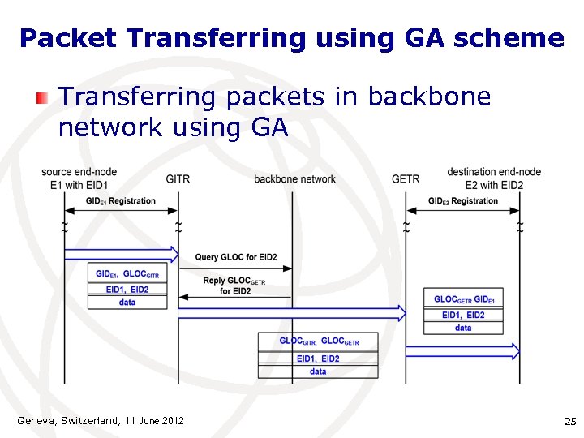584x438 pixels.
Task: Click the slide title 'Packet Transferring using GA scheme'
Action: pos(291,37)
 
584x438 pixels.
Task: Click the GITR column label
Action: pos(178,178)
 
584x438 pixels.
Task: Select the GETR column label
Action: pos(405,178)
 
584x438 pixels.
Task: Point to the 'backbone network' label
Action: pos(294,178)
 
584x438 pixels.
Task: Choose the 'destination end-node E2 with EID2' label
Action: pos(493,178)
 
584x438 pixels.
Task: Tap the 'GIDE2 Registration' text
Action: pos(462,201)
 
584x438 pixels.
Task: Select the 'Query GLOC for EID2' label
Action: pos(235,257)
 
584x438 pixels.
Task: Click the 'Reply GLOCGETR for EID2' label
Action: pos(234,286)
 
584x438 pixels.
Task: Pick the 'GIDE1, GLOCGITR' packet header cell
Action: pos(127,274)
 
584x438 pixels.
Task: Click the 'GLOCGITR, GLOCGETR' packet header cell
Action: pos(318,341)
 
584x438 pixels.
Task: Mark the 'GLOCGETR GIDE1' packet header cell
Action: pos(463,299)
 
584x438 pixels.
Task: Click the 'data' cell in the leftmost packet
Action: pos(127,303)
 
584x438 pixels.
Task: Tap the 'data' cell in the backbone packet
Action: pos(318,371)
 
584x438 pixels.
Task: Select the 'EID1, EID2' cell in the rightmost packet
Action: pos(463,315)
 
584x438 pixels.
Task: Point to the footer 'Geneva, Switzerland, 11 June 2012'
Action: pos(101,420)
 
